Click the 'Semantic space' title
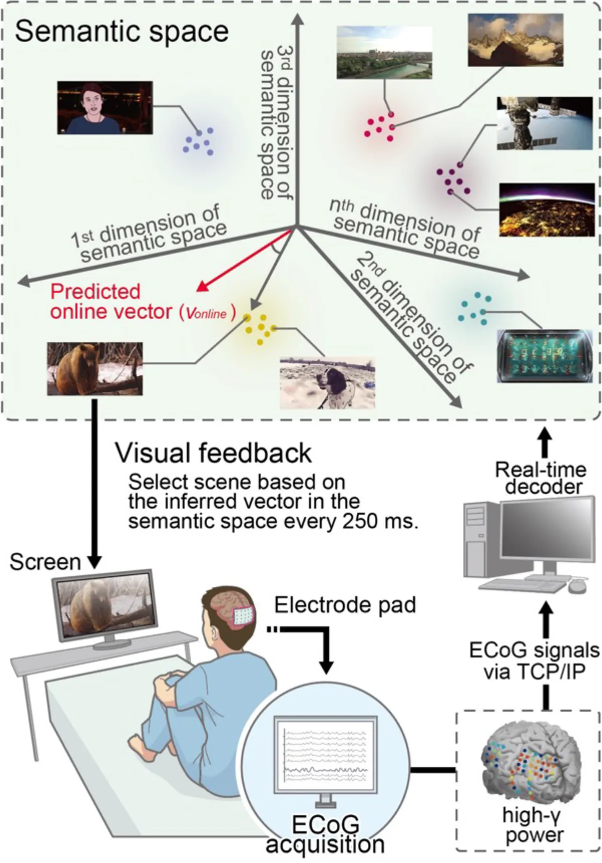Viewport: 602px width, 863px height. click(x=121, y=31)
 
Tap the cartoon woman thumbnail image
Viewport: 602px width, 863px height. click(x=105, y=107)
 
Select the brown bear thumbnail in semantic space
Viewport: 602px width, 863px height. click(x=95, y=368)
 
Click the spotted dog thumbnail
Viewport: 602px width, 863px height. click(x=327, y=382)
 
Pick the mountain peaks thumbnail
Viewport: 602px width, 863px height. click(x=515, y=40)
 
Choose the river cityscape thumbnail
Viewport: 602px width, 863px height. click(x=384, y=53)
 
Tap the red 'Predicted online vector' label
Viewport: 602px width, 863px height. click(x=115, y=302)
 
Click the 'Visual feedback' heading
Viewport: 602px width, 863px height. click(x=213, y=453)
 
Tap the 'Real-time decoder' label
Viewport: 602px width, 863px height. click(x=540, y=478)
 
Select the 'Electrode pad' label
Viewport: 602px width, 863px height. click(x=345, y=605)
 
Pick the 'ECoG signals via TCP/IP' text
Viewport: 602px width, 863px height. click(x=534, y=660)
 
